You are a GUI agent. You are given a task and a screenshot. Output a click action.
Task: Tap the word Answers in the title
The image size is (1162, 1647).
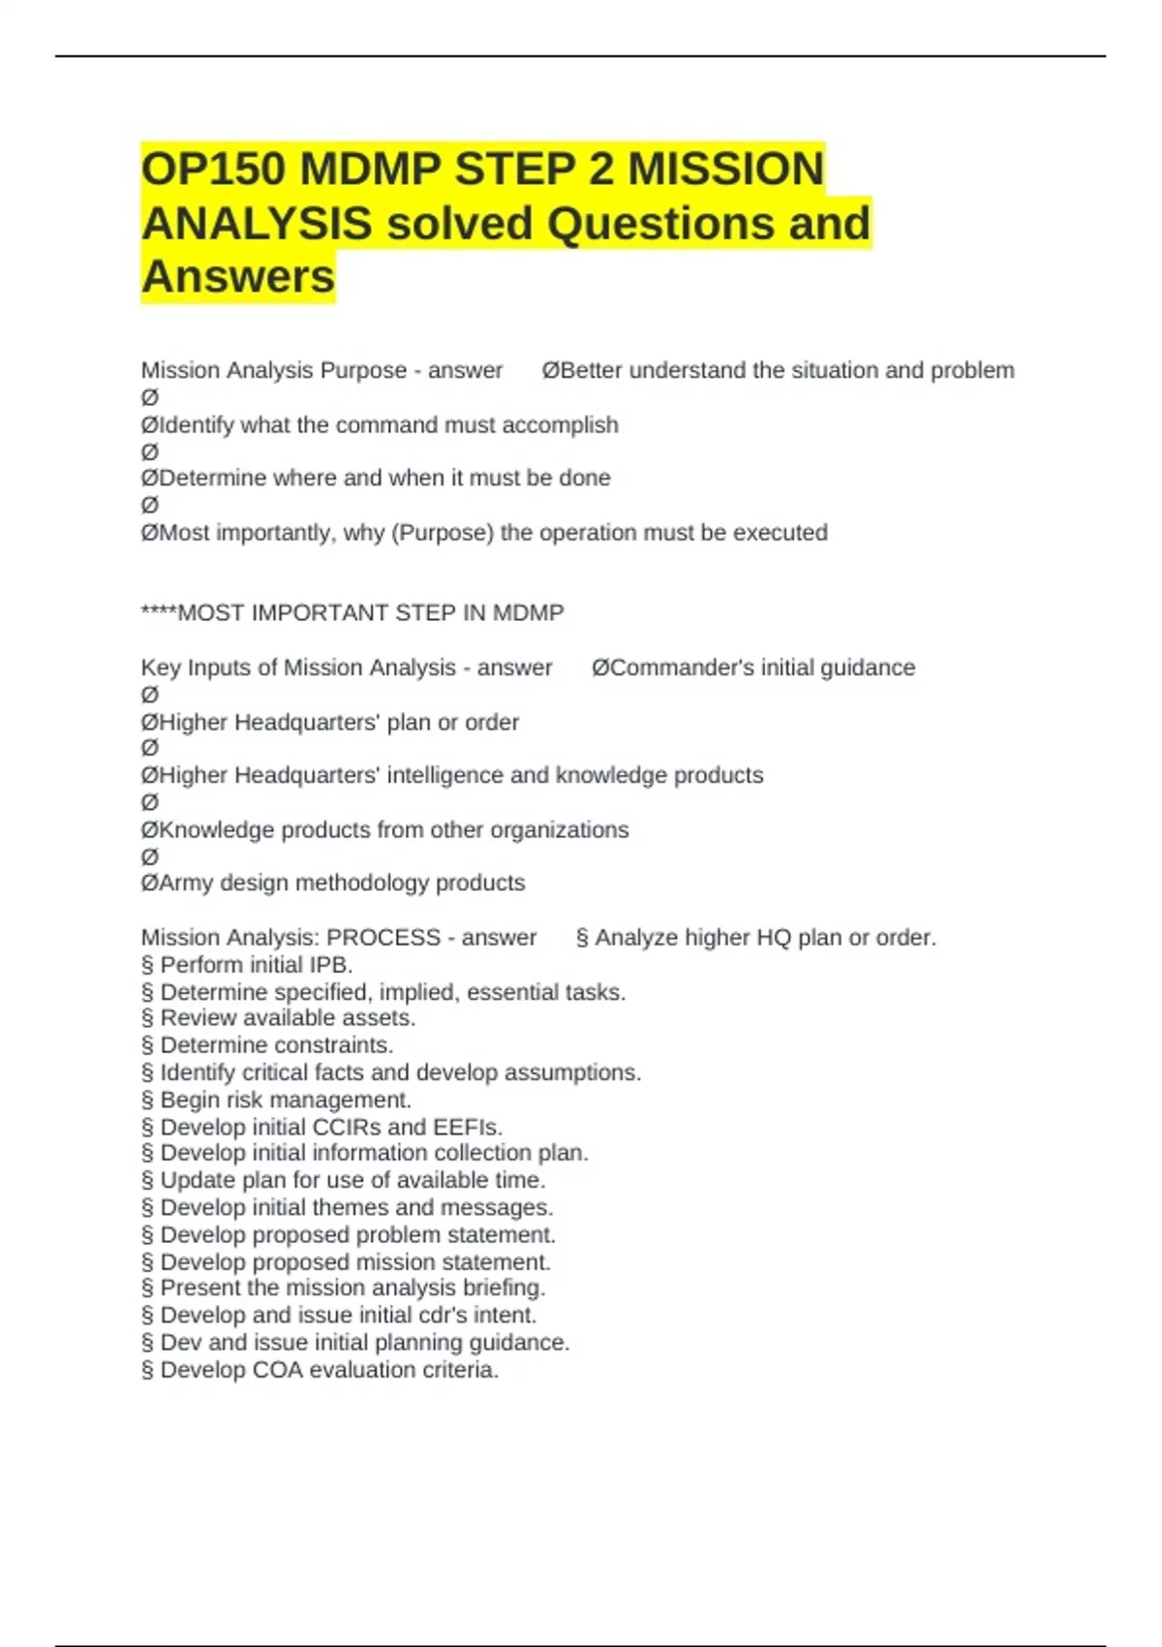[238, 276]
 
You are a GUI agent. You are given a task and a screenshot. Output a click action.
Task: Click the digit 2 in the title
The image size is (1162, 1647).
[600, 170]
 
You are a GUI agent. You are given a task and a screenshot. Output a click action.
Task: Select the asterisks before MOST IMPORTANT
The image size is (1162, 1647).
[159, 613]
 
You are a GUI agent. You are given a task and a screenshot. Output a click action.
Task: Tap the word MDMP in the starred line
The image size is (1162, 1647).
[528, 613]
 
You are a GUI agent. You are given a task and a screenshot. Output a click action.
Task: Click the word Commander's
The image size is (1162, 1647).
[673, 668]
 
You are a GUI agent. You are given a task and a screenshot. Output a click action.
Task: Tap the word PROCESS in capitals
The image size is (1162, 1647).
[383, 938]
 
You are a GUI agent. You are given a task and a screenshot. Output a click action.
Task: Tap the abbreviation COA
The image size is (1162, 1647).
[277, 1370]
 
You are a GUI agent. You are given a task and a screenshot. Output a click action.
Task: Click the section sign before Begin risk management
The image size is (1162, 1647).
[147, 1101]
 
